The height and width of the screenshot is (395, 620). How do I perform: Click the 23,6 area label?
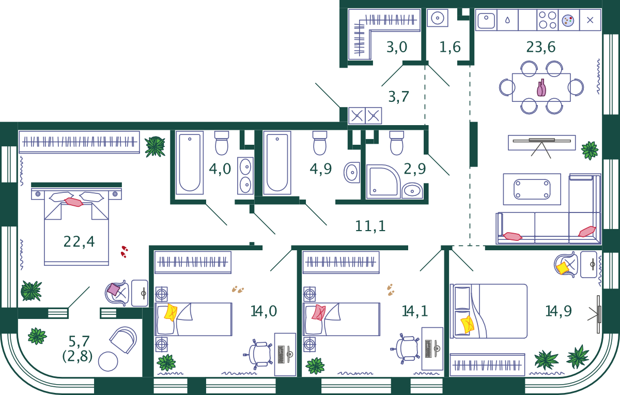[x=541, y=48]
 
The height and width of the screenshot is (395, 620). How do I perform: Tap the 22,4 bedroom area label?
[x=79, y=241]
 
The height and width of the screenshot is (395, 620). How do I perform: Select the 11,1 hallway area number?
[x=370, y=226]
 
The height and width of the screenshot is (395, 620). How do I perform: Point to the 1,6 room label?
[x=450, y=48]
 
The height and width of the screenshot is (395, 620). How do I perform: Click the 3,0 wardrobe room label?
[x=397, y=48]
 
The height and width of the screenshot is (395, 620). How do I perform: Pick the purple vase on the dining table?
[x=541, y=88]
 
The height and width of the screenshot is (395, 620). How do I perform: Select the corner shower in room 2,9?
[x=382, y=181]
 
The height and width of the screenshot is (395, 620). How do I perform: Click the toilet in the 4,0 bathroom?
[x=222, y=143]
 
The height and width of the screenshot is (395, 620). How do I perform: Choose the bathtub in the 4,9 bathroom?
[x=277, y=162]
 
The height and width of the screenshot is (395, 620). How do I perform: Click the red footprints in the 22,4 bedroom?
[x=124, y=251]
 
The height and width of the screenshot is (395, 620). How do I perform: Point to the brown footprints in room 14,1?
[x=391, y=290]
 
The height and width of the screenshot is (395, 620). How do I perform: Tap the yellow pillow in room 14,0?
[x=171, y=313]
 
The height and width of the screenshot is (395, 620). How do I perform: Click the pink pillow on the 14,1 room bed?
[x=318, y=312]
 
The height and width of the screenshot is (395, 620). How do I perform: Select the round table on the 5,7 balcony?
[x=108, y=361]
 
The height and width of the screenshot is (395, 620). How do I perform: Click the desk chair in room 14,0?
[x=260, y=354]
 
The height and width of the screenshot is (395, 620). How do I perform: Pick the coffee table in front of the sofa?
[x=532, y=189]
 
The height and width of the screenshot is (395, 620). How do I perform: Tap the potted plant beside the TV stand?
[x=590, y=150]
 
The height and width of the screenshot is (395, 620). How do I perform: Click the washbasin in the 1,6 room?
[x=438, y=18]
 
